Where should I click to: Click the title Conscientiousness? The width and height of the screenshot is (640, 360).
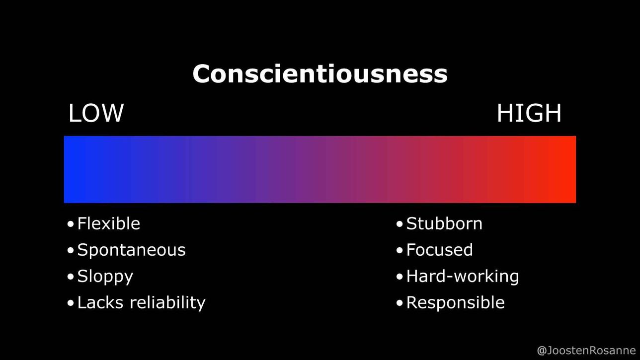point(320,73)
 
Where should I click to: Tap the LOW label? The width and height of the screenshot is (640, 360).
point(96,113)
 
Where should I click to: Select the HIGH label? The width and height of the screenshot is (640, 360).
point(529,113)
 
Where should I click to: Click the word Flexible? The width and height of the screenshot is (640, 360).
point(108,223)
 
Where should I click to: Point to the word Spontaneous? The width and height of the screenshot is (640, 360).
point(131,250)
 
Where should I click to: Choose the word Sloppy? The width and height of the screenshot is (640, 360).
point(105,277)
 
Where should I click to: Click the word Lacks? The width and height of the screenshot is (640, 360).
point(100,302)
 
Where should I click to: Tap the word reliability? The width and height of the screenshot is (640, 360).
point(167,303)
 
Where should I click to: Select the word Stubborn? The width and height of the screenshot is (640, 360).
point(444,223)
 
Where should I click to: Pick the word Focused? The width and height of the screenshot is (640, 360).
point(439,250)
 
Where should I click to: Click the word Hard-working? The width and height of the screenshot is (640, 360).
point(463,277)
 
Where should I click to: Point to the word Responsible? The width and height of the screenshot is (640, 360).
point(456,302)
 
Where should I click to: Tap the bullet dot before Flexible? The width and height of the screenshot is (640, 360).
point(71,224)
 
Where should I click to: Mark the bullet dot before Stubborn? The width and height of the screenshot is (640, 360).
point(400,224)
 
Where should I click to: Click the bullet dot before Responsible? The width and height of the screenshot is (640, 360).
point(400,303)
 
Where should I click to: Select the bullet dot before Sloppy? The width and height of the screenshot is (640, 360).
point(71,277)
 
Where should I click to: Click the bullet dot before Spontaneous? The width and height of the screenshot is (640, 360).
point(71,250)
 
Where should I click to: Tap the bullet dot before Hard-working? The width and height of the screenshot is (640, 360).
point(400,277)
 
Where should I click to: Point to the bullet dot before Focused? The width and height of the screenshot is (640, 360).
point(400,250)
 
